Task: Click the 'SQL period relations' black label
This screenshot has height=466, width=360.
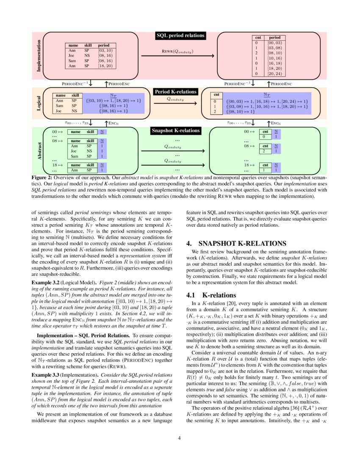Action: (x=180, y=36)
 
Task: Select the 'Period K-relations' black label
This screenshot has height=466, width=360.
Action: (x=175, y=92)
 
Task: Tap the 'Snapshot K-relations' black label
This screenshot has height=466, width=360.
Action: (x=176, y=130)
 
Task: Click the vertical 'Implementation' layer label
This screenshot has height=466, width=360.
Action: (x=39, y=55)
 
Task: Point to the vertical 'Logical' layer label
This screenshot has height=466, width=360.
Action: (x=39, y=103)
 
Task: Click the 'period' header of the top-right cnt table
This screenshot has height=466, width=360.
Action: (x=275, y=38)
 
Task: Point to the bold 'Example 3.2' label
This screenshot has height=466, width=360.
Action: (x=46, y=281)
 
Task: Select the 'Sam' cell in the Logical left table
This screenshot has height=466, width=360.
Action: (x=60, y=106)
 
